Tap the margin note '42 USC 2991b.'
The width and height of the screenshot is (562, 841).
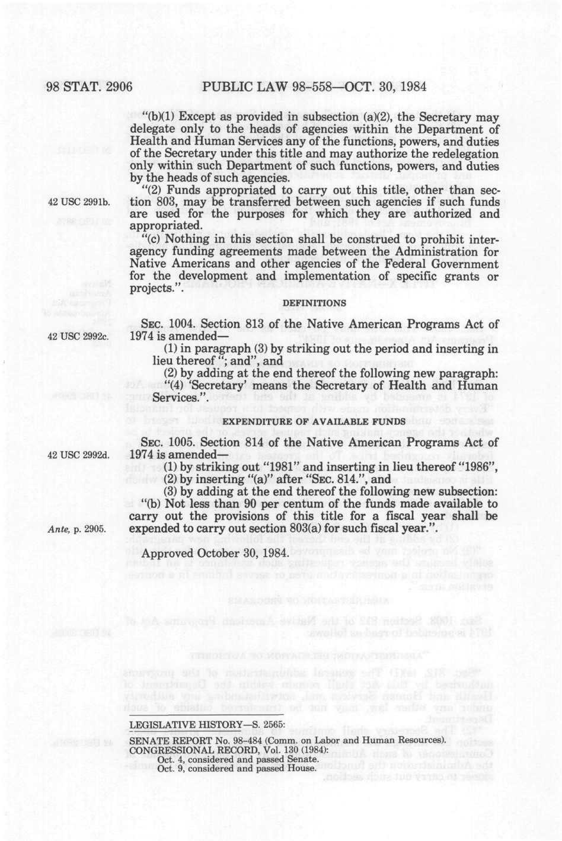[x=79, y=202]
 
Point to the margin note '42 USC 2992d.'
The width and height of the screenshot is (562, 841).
[x=79, y=455]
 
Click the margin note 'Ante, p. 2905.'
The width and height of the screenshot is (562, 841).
[x=77, y=529]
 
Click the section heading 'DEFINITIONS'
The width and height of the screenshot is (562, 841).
[x=314, y=303]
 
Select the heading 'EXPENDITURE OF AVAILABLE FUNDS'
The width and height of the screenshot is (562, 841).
[x=314, y=421]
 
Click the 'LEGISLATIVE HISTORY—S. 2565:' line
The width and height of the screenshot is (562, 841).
[x=207, y=725]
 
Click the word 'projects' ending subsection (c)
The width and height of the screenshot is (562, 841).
[x=149, y=289]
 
